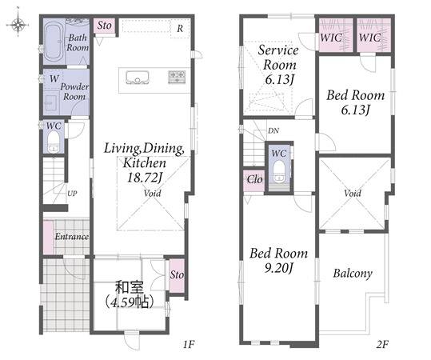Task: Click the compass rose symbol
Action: pyautogui.click(x=18, y=25)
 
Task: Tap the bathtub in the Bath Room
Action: pyautogui.click(x=54, y=42)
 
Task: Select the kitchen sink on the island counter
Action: pyautogui.click(x=138, y=78)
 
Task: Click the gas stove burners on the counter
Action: pyautogui.click(x=177, y=77)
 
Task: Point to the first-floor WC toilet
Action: pyautogui.click(x=54, y=142)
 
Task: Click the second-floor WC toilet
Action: pyautogui.click(x=279, y=172)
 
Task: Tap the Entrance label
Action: pyautogui.click(x=72, y=237)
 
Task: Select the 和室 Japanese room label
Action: pyautogui.click(x=130, y=287)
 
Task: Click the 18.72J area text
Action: pyautogui.click(x=144, y=178)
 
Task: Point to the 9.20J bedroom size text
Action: pyautogui.click(x=278, y=267)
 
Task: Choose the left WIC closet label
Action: pyautogui.click(x=331, y=38)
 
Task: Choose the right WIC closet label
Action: pyautogui.click(x=369, y=38)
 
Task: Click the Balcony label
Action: pyautogui.click(x=353, y=274)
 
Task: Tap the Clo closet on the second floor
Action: pyautogui.click(x=254, y=179)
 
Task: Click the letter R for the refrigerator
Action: pyautogui.click(x=180, y=28)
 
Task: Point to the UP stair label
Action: pyautogui.click(x=72, y=194)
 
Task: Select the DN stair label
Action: pyautogui.click(x=273, y=131)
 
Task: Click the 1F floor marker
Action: pyautogui.click(x=189, y=344)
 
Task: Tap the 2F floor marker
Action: pyautogui.click(x=381, y=344)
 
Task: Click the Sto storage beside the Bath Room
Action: pyautogui.click(x=104, y=26)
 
